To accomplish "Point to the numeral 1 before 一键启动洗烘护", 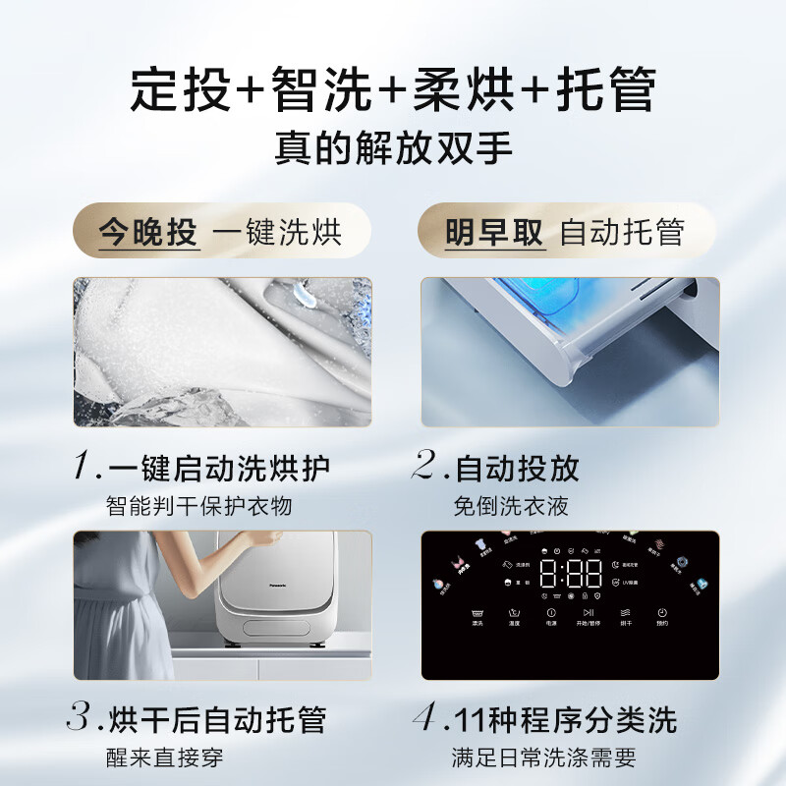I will click(x=84, y=468).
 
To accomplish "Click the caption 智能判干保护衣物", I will click(x=199, y=506).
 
